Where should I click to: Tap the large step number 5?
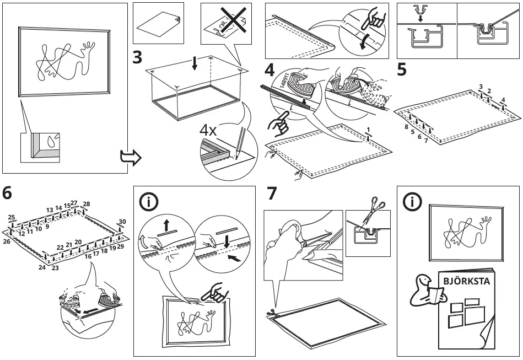(402, 71)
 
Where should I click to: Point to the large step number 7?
(271, 194)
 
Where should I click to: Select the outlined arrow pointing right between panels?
(131, 159)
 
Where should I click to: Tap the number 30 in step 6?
(122, 222)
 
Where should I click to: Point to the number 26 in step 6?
(7, 241)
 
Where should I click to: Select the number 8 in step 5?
(406, 127)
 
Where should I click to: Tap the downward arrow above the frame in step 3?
(194, 63)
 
